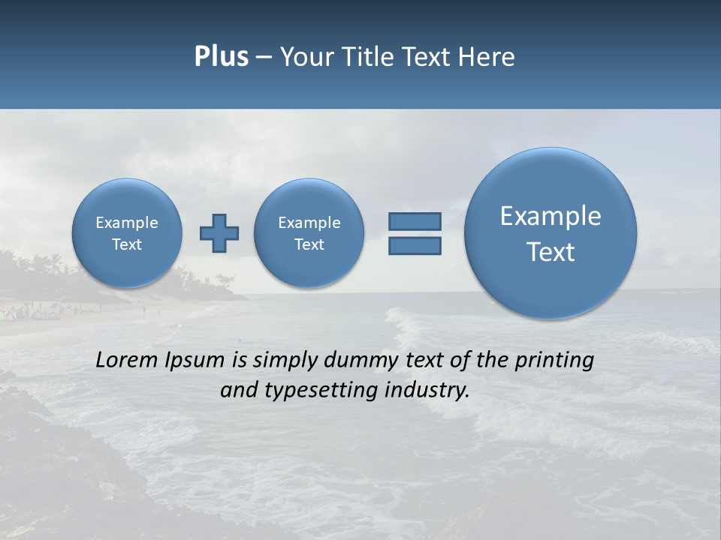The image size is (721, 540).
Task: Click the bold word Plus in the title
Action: tap(221, 56)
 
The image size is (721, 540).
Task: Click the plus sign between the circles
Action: tap(219, 233)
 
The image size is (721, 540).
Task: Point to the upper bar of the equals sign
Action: tap(415, 221)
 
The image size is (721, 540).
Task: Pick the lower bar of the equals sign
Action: tap(415, 245)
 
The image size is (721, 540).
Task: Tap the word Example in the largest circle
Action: tap(551, 216)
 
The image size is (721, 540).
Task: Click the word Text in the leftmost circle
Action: tap(127, 244)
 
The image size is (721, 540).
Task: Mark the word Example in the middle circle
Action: tap(309, 223)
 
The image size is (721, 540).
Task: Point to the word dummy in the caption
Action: tap(363, 361)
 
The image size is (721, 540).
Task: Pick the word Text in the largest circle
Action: tap(551, 252)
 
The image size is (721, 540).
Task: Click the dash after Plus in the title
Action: tap(264, 57)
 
